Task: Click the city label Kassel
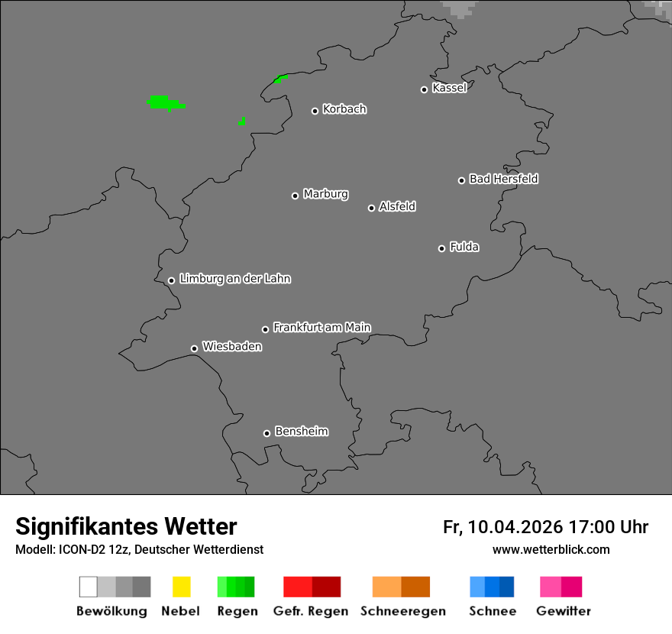[449, 88]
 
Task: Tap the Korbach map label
[344, 109]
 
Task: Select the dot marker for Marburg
[295, 196]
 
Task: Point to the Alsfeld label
[397, 206]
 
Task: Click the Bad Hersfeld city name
[503, 179]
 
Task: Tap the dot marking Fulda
[441, 248]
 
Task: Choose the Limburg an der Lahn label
[235, 279]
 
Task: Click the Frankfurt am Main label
[321, 328]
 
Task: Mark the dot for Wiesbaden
[194, 348]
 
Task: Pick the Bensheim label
[301, 432]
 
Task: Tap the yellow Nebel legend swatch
[181, 587]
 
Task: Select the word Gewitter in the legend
[564, 611]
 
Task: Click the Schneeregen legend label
[402, 611]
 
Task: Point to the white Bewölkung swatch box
[88, 587]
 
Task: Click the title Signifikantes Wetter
[126, 527]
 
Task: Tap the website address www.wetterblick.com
[551, 549]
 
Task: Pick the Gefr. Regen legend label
[311, 611]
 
